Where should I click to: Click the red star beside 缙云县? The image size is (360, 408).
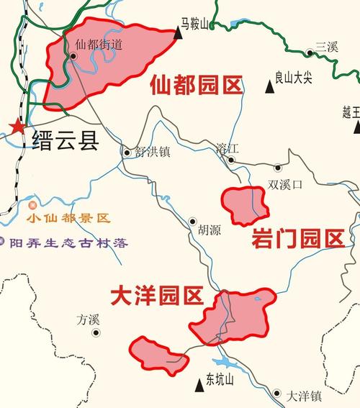pyautogui.click(x=15, y=127)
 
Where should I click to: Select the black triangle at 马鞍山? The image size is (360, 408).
pyautogui.click(x=177, y=32)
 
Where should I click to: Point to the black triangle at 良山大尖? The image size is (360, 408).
pyautogui.click(x=270, y=87)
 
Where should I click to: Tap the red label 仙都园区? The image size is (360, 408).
pyautogui.click(x=197, y=86)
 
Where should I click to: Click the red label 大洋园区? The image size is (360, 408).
pyautogui.click(x=157, y=295)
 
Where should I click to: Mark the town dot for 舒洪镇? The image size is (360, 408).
pyautogui.click(x=127, y=152)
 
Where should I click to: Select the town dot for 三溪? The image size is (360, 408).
pyautogui.click(x=309, y=52)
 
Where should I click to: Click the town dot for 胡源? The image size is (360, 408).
pyautogui.click(x=192, y=222)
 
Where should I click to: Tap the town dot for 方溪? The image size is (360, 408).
pyautogui.click(x=95, y=332)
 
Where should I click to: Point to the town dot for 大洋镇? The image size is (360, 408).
pyautogui.click(x=277, y=393)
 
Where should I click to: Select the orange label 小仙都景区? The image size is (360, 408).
pyautogui.click(x=67, y=218)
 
